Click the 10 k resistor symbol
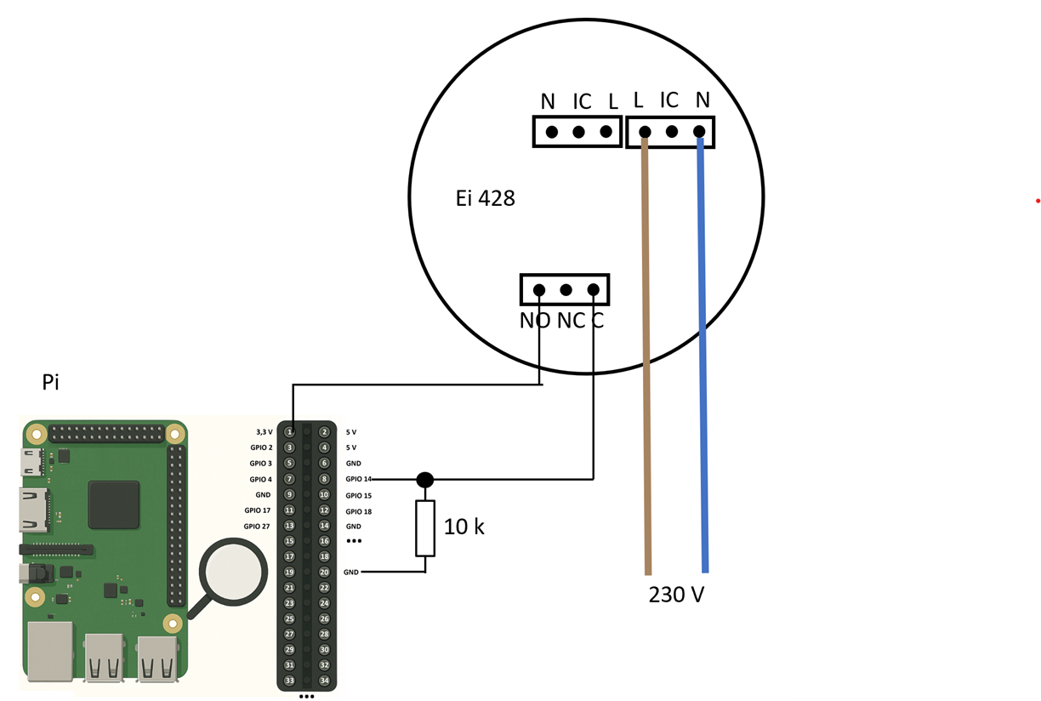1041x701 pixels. pyautogui.click(x=425, y=528)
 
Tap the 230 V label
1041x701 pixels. pyautogui.click(x=676, y=594)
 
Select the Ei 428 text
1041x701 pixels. pyautogui.click(x=485, y=199)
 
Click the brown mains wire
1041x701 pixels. pyautogui.click(x=646, y=357)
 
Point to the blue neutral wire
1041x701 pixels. pyautogui.click(x=703, y=357)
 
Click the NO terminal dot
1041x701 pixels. pyautogui.click(x=539, y=290)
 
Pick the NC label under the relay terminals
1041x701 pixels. pyautogui.click(x=571, y=321)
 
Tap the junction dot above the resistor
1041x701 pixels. pyautogui.click(x=425, y=480)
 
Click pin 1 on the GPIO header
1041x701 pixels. pyautogui.click(x=289, y=432)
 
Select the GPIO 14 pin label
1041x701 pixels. pyautogui.click(x=358, y=480)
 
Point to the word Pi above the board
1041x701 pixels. pyautogui.click(x=50, y=382)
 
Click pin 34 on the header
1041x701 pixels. pyautogui.click(x=324, y=681)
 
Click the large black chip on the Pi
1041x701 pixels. pyautogui.click(x=113, y=505)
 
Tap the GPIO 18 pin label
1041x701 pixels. pyautogui.click(x=358, y=511)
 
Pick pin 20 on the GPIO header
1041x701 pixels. pyautogui.click(x=324, y=573)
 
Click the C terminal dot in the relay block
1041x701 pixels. pyautogui.click(x=594, y=290)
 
